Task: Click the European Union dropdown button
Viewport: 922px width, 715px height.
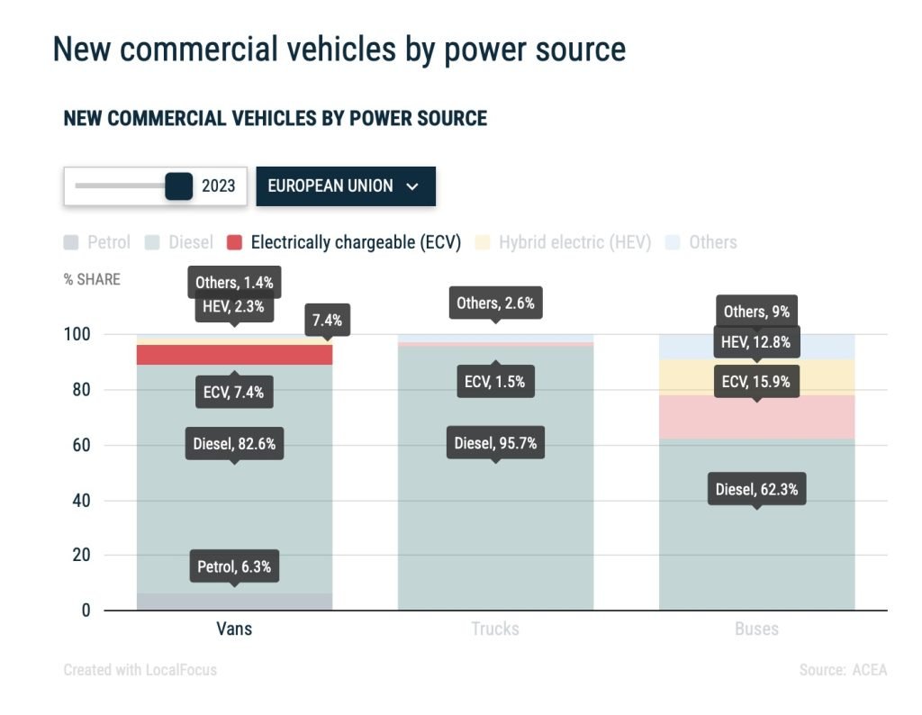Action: point(345,186)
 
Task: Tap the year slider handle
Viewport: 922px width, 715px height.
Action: point(179,186)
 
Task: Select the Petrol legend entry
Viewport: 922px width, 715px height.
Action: point(97,242)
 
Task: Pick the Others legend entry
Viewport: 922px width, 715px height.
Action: point(701,242)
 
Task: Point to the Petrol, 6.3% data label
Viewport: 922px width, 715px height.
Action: point(234,567)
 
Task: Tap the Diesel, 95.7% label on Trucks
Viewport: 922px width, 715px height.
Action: point(494,443)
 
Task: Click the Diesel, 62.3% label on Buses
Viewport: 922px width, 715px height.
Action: point(756,490)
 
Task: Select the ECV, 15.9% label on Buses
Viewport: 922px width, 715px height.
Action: point(756,382)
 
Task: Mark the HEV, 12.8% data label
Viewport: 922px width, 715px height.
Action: point(756,341)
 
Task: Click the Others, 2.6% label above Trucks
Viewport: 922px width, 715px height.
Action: point(494,303)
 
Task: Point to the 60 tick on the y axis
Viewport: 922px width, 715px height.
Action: point(82,446)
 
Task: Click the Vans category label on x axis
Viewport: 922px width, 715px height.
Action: point(234,629)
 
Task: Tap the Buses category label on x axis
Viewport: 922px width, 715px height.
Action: point(756,629)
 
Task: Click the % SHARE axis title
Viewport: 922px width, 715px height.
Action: point(92,279)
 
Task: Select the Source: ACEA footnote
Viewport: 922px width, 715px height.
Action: point(843,670)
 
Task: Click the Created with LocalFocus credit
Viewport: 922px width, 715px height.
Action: point(140,670)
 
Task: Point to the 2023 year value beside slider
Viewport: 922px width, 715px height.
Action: point(218,186)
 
